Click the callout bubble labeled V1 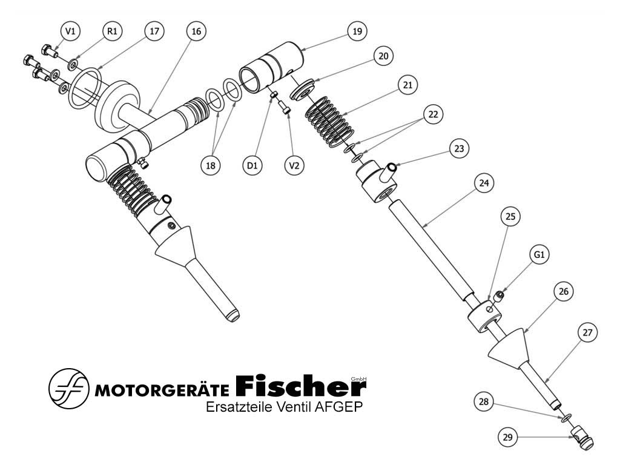[x=70, y=31]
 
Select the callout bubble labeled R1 [x=112, y=31]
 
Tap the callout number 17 [x=154, y=31]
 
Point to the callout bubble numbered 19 [x=357, y=31]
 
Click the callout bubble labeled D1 [x=252, y=165]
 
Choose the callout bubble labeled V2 [x=294, y=165]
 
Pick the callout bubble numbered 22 [x=434, y=114]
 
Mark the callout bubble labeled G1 [x=539, y=255]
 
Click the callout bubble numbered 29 [x=508, y=437]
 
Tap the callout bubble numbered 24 [x=484, y=183]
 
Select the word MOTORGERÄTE [x=162, y=391]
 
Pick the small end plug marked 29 [x=582, y=437]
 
